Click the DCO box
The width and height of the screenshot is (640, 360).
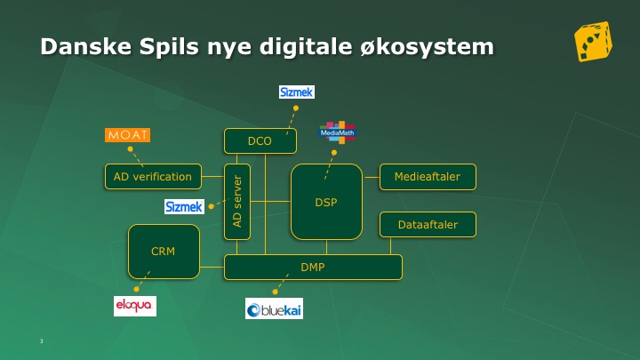coord(260,141)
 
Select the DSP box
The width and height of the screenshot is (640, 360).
coord(326,202)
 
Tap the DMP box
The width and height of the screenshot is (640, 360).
coord(313,268)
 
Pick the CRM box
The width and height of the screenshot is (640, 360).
coord(164,252)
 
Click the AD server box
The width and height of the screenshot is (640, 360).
coord(237,202)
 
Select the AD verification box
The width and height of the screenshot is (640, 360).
coord(153,177)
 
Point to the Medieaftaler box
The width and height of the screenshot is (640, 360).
coord(428,177)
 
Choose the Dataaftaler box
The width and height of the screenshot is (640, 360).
coord(428,225)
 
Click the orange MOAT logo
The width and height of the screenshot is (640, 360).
coord(127,135)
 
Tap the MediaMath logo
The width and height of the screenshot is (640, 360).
coord(338,132)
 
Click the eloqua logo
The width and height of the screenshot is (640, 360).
coord(135,306)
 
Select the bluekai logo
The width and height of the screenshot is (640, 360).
coord(274,308)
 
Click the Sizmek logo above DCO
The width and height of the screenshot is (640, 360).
coord(297,92)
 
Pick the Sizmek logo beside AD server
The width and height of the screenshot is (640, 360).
coord(184,206)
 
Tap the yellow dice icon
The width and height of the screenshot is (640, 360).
coord(594,42)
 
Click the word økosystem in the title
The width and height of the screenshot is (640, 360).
coord(427,46)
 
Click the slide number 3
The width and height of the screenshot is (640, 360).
coord(41,340)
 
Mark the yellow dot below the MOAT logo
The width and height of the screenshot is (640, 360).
coord(130,149)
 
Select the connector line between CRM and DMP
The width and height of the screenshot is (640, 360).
coord(212,268)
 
